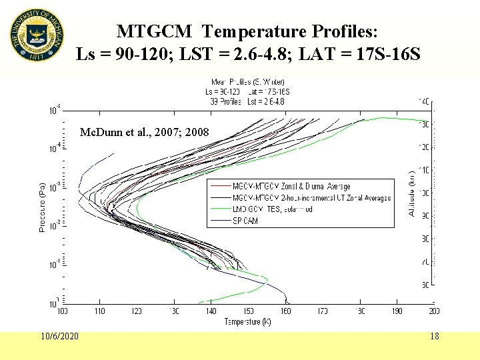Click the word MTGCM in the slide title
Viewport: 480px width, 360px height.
(x=157, y=31)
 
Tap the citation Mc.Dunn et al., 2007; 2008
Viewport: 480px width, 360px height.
(x=143, y=133)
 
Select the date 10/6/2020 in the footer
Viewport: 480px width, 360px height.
(x=58, y=335)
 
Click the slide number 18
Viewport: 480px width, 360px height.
(x=434, y=336)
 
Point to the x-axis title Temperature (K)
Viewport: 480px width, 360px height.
(x=247, y=321)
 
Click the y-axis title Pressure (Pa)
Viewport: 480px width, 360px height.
(x=42, y=207)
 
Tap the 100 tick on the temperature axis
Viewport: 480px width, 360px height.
(x=63, y=311)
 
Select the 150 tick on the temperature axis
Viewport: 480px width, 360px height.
(x=248, y=311)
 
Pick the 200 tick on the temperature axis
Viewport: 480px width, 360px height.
(x=433, y=311)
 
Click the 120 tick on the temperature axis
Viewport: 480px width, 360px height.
(x=137, y=311)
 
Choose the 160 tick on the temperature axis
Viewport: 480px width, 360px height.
(x=285, y=311)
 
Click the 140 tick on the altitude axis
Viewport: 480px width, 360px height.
(x=423, y=102)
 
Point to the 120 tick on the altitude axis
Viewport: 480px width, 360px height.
(x=423, y=147)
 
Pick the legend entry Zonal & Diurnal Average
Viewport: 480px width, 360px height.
(x=291, y=186)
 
